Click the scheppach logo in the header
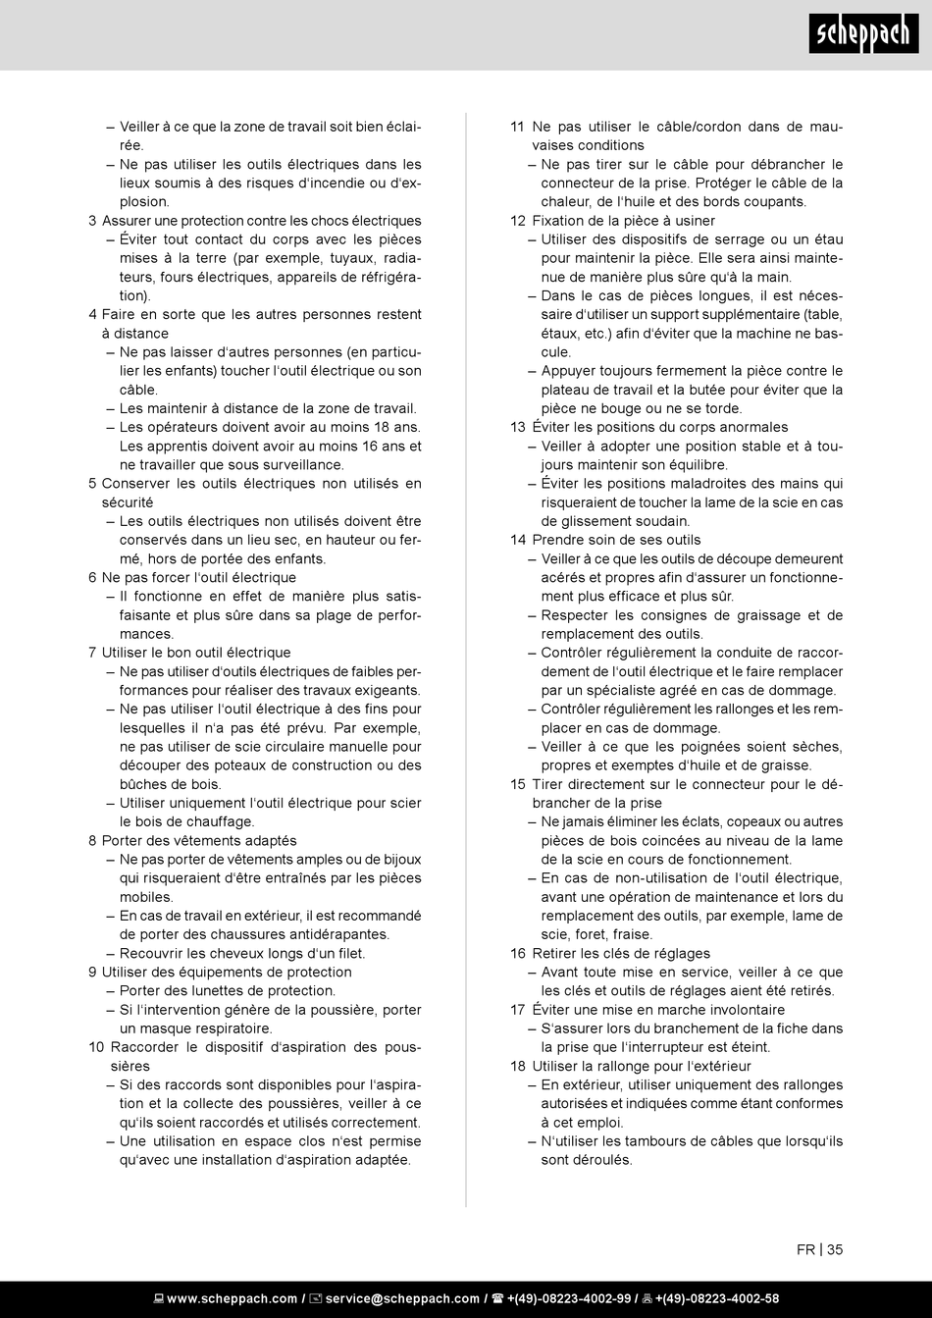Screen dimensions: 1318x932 [863, 35]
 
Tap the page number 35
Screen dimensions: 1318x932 [835, 1249]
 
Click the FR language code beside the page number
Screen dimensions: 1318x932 [805, 1249]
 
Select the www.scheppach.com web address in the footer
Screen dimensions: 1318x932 [232, 1298]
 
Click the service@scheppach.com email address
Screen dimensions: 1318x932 [402, 1298]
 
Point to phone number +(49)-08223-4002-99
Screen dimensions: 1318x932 [568, 1298]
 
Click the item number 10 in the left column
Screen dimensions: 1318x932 [95, 1047]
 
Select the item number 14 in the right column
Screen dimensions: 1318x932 [518, 540]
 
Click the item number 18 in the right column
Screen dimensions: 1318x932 [518, 1066]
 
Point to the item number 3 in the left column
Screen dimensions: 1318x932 [92, 221]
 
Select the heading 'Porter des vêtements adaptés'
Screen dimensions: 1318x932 [199, 841]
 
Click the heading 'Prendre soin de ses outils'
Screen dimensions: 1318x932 [616, 540]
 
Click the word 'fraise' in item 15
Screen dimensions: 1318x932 [632, 934]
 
